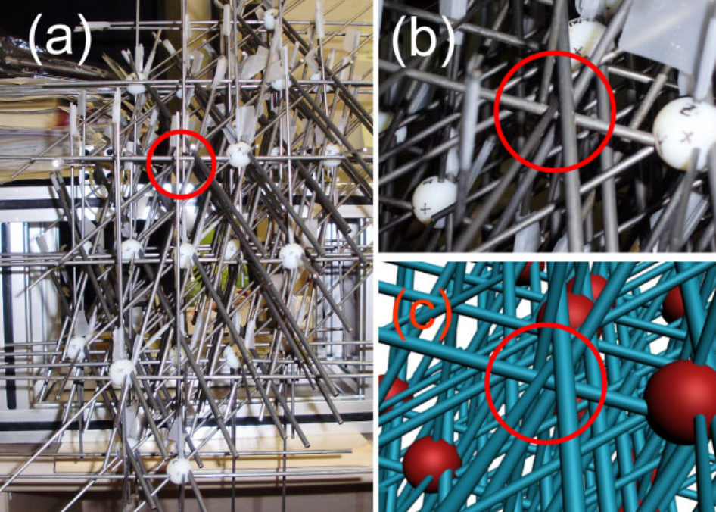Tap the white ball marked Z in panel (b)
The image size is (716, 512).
click(684, 133)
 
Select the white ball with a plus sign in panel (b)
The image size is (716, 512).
click(434, 201)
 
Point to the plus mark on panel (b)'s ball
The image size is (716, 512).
click(425, 210)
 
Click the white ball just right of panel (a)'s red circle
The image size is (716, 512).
click(239, 155)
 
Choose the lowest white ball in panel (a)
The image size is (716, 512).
click(179, 470)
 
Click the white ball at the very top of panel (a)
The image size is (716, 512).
click(271, 19)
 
